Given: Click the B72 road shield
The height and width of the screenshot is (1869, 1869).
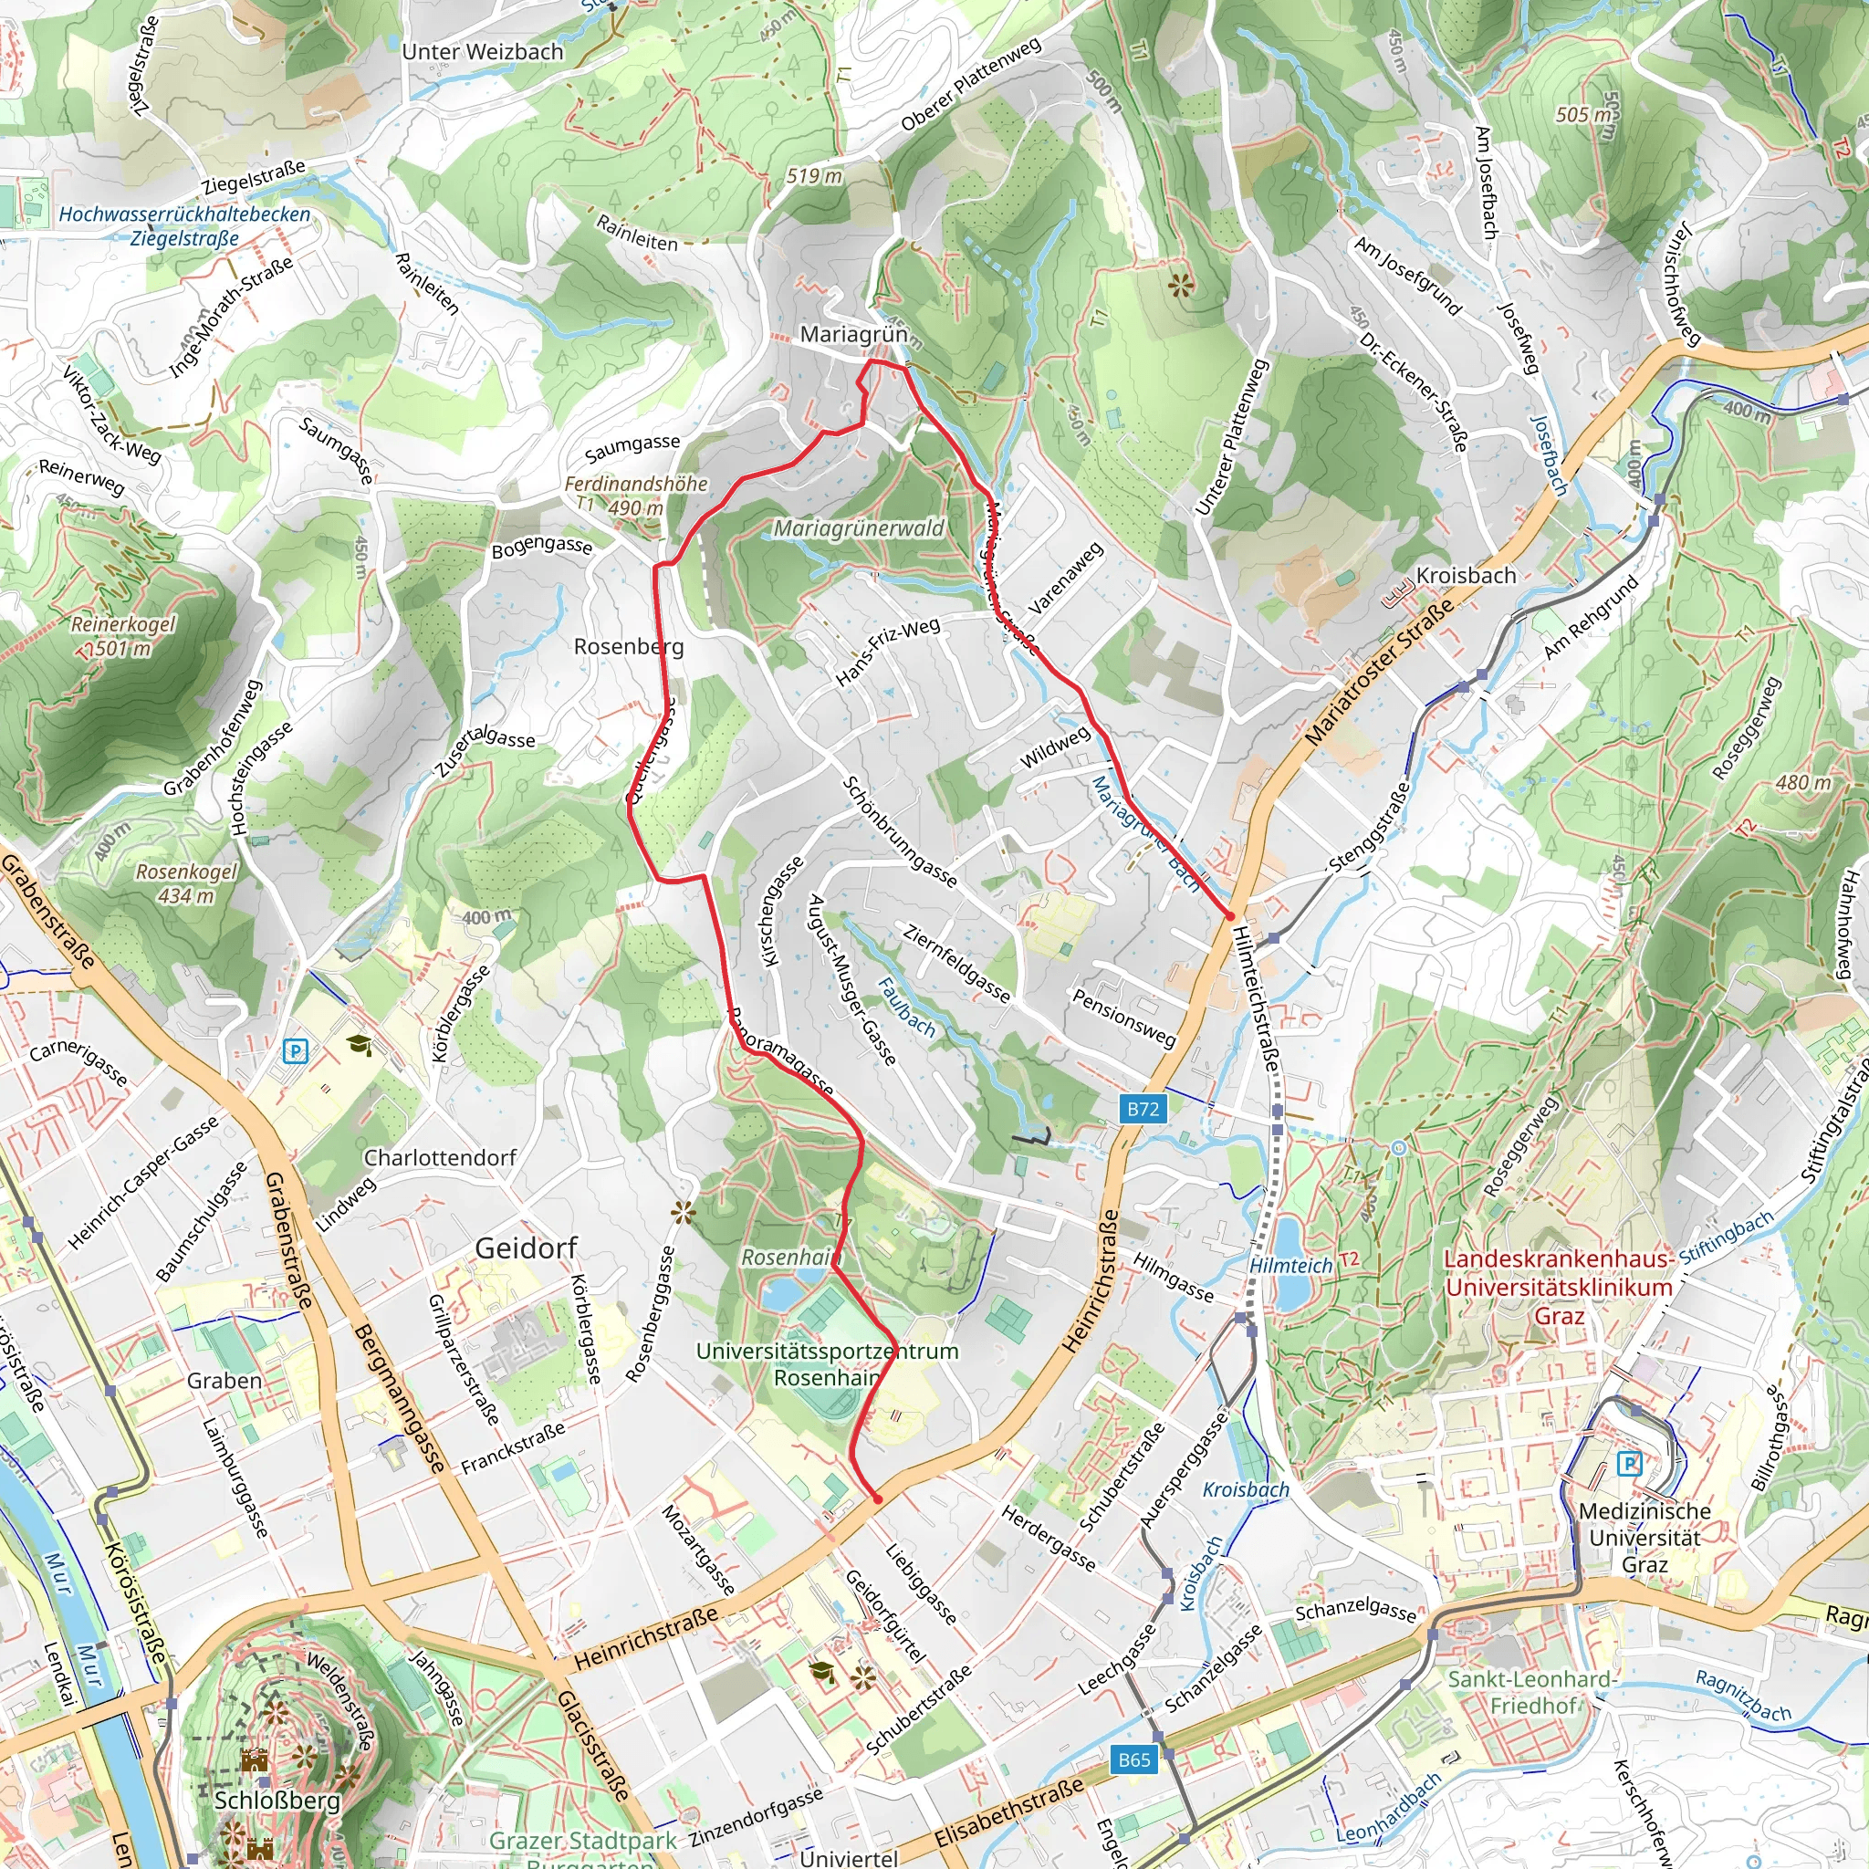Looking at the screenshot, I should (1143, 1109).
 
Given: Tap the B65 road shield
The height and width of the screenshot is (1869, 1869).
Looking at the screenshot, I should (1133, 1759).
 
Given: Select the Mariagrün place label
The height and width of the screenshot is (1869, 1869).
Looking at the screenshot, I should (853, 335).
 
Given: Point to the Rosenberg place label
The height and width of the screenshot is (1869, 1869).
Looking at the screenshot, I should (629, 646).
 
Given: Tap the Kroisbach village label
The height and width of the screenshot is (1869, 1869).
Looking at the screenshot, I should (1466, 576).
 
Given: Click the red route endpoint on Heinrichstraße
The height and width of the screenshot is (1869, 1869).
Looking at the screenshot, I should (877, 1498).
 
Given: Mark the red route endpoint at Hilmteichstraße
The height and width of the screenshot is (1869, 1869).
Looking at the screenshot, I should (1229, 914).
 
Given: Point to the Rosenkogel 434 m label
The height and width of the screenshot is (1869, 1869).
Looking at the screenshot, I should (186, 883).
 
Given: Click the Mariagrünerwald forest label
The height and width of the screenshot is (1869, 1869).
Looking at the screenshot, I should (858, 529).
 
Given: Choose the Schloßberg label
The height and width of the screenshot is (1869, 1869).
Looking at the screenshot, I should (277, 1801).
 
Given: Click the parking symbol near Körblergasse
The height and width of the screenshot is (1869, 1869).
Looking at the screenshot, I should (295, 1050).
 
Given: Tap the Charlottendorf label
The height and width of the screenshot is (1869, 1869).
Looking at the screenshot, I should (440, 1158).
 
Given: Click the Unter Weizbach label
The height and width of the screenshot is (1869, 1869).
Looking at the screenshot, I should (482, 52).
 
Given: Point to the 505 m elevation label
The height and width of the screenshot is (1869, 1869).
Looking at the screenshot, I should (1583, 115).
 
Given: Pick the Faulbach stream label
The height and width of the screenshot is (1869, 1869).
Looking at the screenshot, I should (906, 1008).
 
